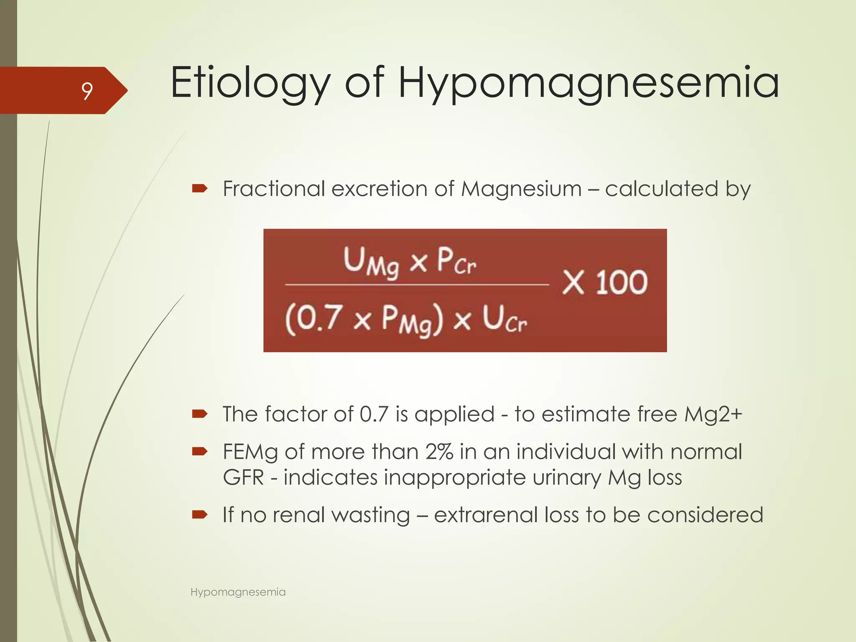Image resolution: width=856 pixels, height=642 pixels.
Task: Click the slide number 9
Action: pyautogui.click(x=87, y=91)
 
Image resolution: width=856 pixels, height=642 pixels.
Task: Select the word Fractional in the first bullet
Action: pyautogui.click(x=274, y=189)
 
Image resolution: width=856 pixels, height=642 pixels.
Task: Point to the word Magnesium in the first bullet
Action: pyautogui.click(x=521, y=189)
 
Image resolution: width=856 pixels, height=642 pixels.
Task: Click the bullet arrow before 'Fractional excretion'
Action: pyautogui.click(x=200, y=189)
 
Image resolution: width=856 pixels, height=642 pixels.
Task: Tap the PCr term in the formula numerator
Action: pyautogui.click(x=456, y=261)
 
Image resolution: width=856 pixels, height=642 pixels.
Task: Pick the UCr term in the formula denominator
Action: pyautogui.click(x=504, y=320)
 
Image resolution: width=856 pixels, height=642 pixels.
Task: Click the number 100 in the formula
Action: pyautogui.click(x=622, y=283)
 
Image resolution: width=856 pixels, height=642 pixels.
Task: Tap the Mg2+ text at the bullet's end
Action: pyautogui.click(x=713, y=415)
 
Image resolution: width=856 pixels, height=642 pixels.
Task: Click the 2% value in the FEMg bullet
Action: pyautogui.click(x=439, y=452)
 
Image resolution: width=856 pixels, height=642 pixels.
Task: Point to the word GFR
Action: pyautogui.click(x=243, y=477)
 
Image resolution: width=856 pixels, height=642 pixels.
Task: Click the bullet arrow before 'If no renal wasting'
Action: pyautogui.click(x=200, y=515)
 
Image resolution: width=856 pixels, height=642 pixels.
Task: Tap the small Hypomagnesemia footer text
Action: pyautogui.click(x=238, y=592)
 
